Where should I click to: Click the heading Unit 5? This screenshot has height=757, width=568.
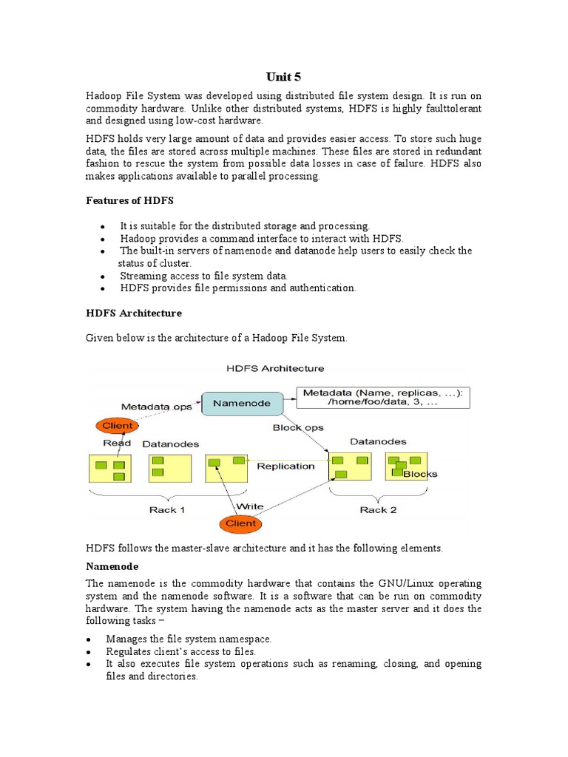tap(284, 77)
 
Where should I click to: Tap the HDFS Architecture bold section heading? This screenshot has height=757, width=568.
tap(133, 313)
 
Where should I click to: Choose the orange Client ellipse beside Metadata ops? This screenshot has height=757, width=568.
tap(117, 426)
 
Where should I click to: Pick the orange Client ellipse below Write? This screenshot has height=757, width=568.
tap(240, 523)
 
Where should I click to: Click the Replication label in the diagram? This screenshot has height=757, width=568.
tap(285, 466)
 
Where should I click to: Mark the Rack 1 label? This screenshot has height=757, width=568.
tap(167, 510)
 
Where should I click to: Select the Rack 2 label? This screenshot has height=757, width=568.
tap(378, 510)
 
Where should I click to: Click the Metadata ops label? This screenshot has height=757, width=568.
tap(157, 407)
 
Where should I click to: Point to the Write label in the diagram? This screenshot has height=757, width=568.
tap(248, 506)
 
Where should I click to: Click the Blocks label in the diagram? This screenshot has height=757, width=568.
tap(420, 474)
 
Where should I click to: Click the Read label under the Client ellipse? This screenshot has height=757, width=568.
tap(117, 443)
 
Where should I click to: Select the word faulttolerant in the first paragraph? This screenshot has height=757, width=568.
tap(448, 109)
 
